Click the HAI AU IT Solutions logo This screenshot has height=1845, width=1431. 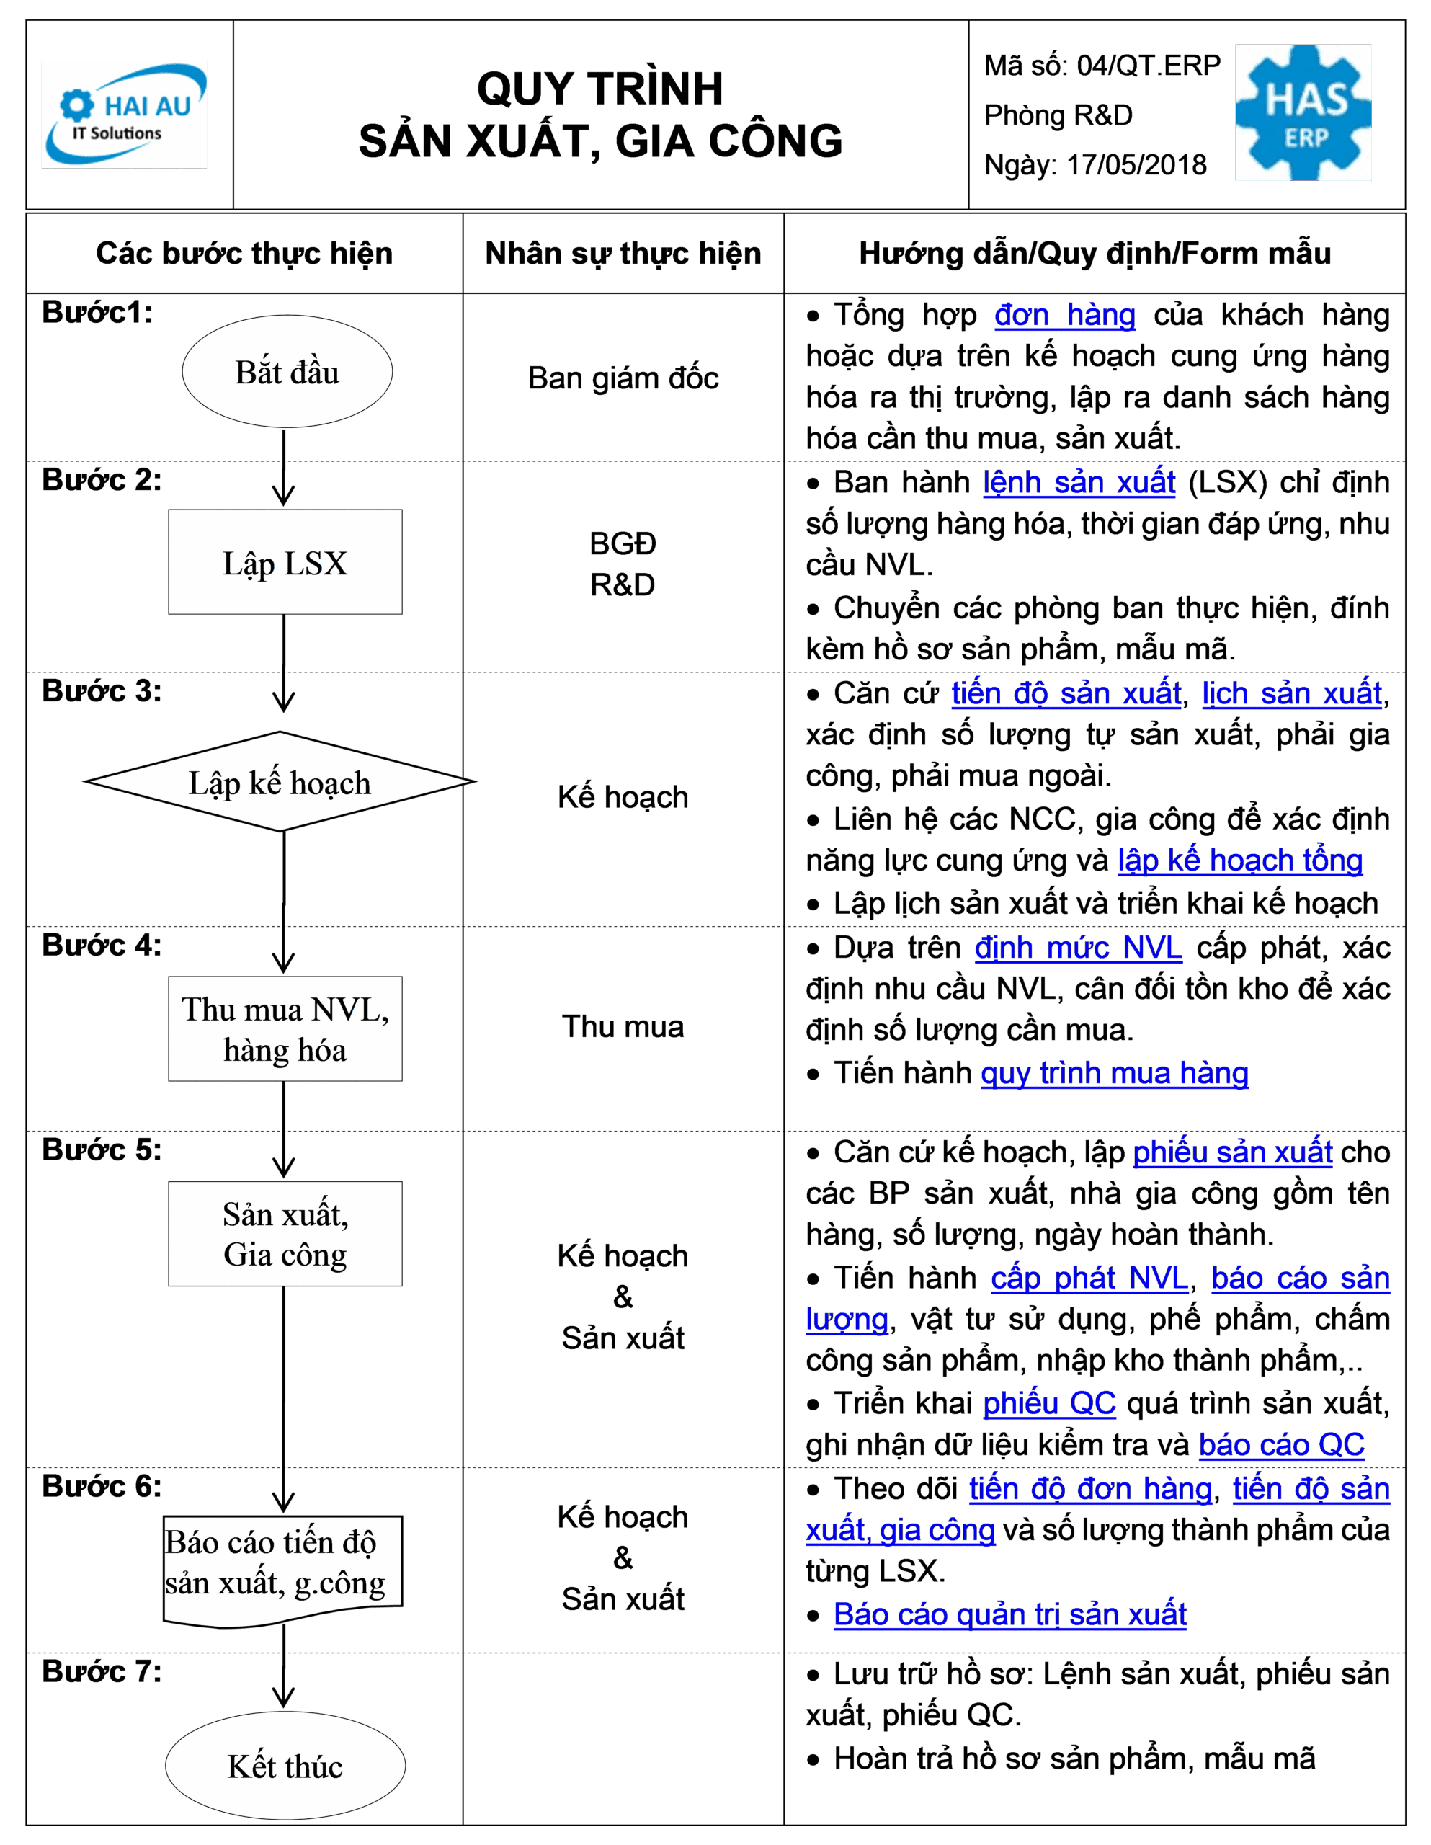click(124, 114)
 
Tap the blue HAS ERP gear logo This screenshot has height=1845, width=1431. click(1303, 112)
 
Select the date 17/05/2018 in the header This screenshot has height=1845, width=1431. click(1136, 165)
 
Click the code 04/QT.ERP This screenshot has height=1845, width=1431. click(1149, 65)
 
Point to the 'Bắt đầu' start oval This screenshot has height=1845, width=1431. click(287, 372)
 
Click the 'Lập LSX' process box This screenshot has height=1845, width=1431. click(285, 561)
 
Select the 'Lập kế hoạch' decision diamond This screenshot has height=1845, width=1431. click(280, 781)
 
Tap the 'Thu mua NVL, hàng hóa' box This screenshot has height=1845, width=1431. click(285, 1029)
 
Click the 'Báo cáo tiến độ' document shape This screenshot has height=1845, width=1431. click(283, 1570)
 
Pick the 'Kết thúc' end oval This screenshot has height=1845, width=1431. click(285, 1766)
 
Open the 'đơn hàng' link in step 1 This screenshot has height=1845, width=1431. click(1064, 315)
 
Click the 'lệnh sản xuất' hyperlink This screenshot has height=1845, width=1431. click(1079, 482)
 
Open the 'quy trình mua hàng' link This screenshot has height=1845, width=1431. click(1114, 1073)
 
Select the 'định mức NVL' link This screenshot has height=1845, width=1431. click(1078, 948)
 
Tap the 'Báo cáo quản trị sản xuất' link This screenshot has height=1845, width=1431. click(1009, 1614)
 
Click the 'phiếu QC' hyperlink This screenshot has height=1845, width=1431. click(1049, 1403)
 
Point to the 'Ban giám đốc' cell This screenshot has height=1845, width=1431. click(623, 378)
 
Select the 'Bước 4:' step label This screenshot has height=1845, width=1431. click(102, 944)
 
